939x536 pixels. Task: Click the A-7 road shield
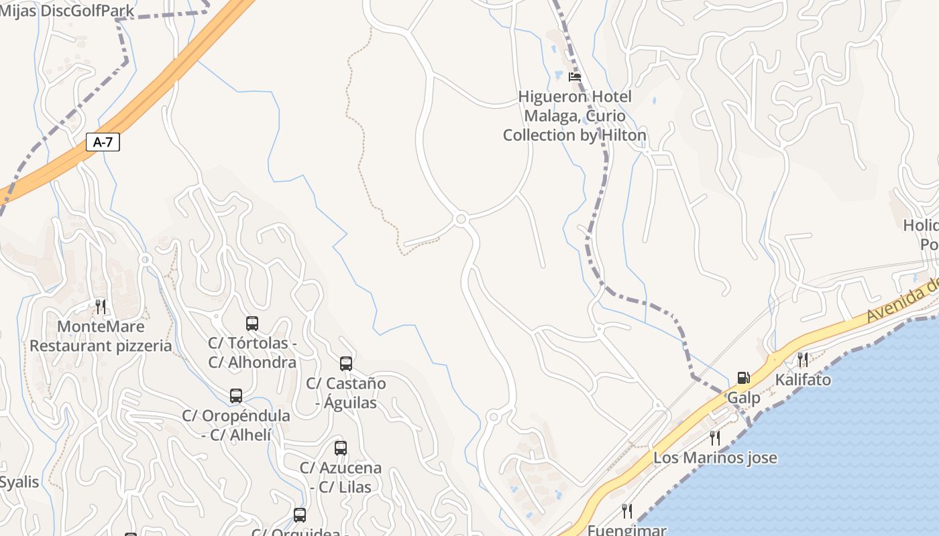click(x=103, y=142)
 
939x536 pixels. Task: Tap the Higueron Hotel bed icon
click(x=575, y=77)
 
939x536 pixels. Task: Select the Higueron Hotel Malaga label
click(x=575, y=116)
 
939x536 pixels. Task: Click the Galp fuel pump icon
click(x=743, y=378)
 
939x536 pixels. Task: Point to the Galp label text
click(x=744, y=398)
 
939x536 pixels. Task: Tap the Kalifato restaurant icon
click(x=803, y=360)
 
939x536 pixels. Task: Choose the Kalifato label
click(x=803, y=380)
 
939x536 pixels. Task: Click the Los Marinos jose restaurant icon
click(x=715, y=438)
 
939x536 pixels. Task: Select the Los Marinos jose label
click(x=715, y=458)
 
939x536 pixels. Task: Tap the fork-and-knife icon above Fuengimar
click(x=627, y=511)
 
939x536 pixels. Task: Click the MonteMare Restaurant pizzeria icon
click(x=101, y=307)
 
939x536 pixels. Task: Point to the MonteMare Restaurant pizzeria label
click(x=101, y=336)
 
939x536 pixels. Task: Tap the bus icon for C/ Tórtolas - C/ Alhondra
click(x=252, y=324)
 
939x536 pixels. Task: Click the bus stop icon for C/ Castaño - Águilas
click(x=346, y=364)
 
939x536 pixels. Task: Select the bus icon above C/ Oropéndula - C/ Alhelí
click(x=236, y=396)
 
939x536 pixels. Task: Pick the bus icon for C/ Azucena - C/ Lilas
click(x=341, y=448)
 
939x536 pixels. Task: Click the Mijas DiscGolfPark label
click(x=67, y=11)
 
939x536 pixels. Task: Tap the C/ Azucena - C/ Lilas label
click(x=341, y=477)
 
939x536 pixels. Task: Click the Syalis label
click(x=19, y=482)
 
